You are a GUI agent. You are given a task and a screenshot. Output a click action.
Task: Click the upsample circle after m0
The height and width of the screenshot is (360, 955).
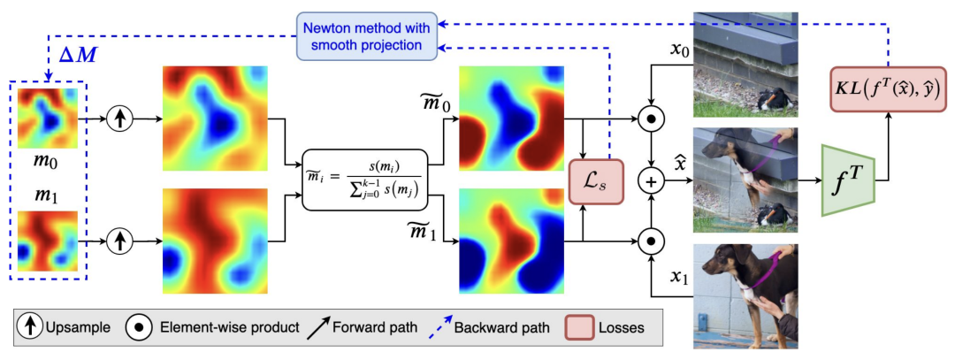click(x=119, y=117)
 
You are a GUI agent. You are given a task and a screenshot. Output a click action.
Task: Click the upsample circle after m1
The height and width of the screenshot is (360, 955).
click(x=119, y=239)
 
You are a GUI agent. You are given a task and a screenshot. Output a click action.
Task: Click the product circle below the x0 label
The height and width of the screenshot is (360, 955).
click(x=651, y=117)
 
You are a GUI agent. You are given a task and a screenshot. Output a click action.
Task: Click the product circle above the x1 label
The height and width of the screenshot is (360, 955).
click(x=651, y=240)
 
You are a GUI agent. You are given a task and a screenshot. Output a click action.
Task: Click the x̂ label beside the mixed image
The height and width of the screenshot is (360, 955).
click(x=681, y=165)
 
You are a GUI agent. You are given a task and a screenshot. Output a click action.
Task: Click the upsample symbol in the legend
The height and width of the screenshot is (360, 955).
click(x=27, y=326)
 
